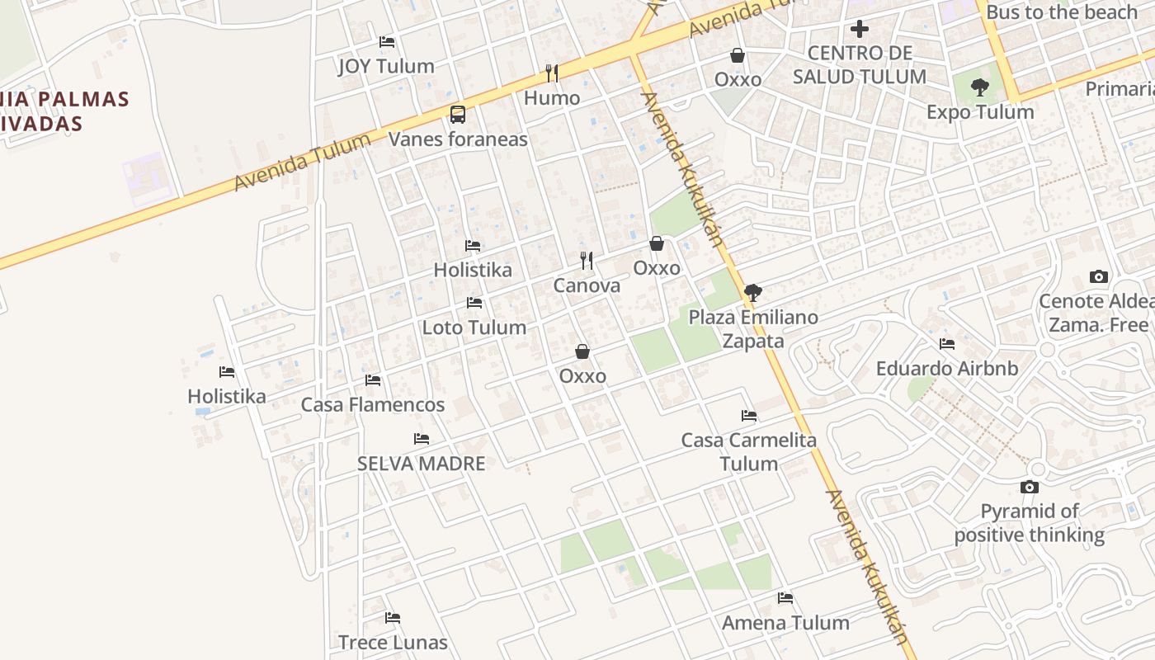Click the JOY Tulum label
386,67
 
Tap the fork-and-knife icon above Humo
552,73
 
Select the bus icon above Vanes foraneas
458,115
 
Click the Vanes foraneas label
458,139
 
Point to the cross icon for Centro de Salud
860,29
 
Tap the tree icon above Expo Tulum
980,87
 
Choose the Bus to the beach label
1062,12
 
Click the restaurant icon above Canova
587,261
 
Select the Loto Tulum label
474,328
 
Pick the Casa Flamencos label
373,405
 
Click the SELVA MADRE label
422,464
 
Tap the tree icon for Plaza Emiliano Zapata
752,292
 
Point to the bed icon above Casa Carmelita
749,416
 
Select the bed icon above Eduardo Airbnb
947,344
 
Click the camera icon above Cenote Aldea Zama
1098,276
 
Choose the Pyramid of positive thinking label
1030,523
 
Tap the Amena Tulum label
785,623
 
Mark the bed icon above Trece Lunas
393,618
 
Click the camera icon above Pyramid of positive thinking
1029,487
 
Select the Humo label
552,98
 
